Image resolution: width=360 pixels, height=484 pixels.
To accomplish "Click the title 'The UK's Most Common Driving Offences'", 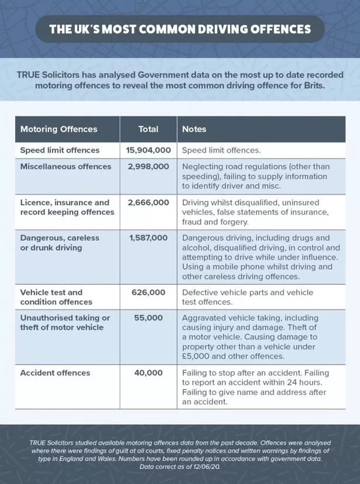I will point(180,28).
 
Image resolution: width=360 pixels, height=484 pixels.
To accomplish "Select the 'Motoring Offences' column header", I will point(59,129).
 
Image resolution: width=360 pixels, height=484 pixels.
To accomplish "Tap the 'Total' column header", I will point(148,129).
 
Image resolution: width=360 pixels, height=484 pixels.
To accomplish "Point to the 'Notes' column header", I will point(194,129).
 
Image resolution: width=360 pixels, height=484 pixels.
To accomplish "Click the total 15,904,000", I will point(148,150).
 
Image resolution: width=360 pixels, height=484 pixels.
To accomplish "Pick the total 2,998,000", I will point(148,166).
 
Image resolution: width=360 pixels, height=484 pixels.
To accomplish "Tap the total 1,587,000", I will point(148,238).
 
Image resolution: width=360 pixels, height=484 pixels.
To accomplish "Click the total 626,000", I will point(148,292).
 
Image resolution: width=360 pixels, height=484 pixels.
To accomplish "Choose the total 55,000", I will point(148,318).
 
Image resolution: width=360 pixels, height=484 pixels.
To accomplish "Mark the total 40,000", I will point(148,373).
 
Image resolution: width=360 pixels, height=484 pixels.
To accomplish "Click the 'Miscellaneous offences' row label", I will point(66,166).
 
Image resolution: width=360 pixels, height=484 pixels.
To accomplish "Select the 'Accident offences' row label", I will point(55,373).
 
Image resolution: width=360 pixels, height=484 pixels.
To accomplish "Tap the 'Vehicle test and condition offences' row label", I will point(56,297).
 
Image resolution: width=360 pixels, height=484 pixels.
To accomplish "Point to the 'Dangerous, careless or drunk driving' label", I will point(60,243).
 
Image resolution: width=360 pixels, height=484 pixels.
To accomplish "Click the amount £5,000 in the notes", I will point(197,355).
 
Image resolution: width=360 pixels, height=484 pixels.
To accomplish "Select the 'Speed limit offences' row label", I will point(60,150).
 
